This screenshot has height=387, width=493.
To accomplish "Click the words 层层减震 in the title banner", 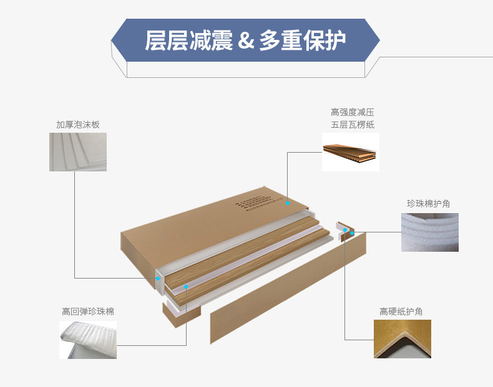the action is pos(188,41).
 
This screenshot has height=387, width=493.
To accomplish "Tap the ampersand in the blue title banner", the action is pos(246,41).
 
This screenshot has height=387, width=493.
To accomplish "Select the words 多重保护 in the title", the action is pos(302,41).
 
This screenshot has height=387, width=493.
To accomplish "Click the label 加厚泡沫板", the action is pos(78,125).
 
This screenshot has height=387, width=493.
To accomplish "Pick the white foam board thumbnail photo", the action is pos(78,152).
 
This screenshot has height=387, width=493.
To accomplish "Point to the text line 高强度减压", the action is pos(353,113).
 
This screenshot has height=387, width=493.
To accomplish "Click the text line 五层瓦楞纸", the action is pos(353,125).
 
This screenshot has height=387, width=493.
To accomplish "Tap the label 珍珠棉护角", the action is pos(428,204).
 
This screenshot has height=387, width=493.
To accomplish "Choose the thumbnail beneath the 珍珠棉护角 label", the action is pos(429,232).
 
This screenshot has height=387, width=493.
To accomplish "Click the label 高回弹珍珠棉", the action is pos(88,311).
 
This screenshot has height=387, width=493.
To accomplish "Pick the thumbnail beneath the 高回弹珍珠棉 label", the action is pos(88,340).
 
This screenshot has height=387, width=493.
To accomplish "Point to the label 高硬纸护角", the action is pos(401,311).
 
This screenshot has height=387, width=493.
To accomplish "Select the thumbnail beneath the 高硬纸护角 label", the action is pos(402,339).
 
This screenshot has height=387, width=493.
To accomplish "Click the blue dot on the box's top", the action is pos(287,203).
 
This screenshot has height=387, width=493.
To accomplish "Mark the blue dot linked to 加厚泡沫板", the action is pos(158,279).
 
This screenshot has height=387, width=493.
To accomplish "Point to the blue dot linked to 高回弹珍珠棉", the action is pos(186,287).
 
